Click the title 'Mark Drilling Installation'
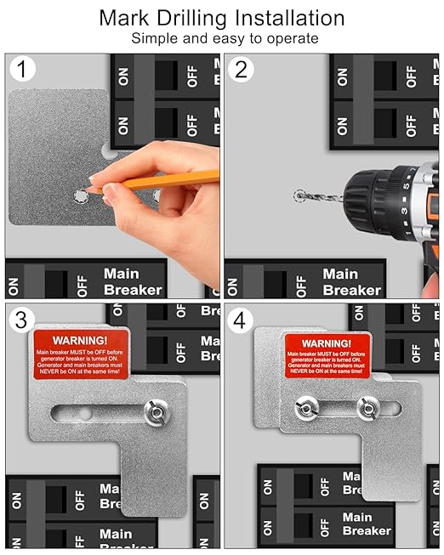[x=222, y=18]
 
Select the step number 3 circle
[x=23, y=321]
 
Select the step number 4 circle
[x=242, y=321]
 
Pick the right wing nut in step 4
[x=367, y=408]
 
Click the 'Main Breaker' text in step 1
[x=132, y=281]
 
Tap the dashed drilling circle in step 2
[x=299, y=196]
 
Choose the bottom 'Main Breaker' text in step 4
[x=366, y=524]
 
